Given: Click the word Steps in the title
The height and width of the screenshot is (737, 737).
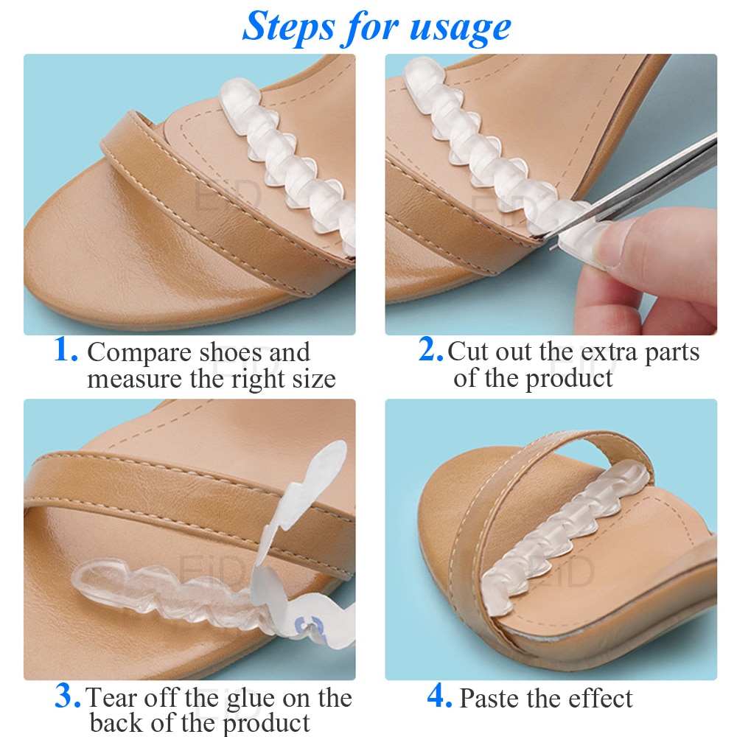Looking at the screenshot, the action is [x=289, y=27].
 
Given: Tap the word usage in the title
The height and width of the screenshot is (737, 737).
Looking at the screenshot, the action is [x=460, y=28].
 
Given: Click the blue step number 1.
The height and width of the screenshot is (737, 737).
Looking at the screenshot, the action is [x=66, y=350].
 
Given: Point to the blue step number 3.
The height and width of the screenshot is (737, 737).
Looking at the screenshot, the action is [x=69, y=696].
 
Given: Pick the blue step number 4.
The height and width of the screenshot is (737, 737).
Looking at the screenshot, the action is [x=439, y=696].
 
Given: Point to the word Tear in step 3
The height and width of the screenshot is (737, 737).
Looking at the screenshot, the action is [x=113, y=697].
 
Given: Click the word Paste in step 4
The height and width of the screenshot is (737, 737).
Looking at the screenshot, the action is [x=491, y=698].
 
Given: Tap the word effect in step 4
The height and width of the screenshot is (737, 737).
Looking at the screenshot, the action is [x=601, y=697].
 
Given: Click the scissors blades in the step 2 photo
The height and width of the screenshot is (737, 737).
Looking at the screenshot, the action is [x=638, y=188].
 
